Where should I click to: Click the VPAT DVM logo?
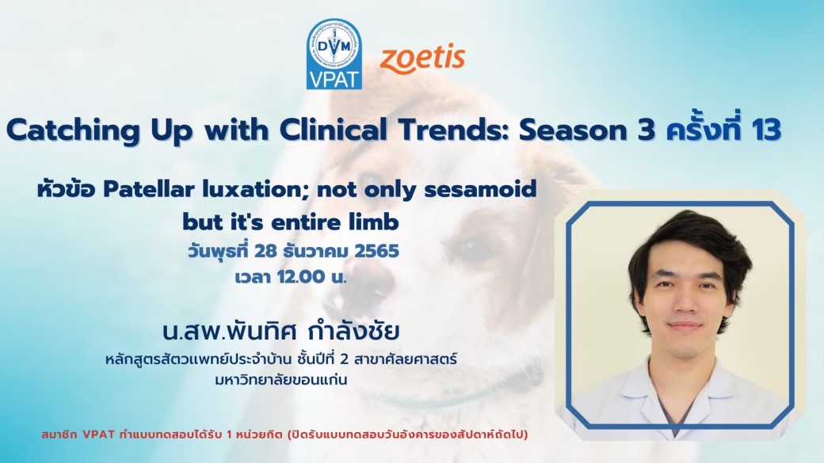pyautogui.click(x=334, y=54)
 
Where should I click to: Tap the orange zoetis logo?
pyautogui.click(x=422, y=59)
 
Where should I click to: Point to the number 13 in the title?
pyautogui.click(x=765, y=130)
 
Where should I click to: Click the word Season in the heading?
pyautogui.click(x=575, y=131)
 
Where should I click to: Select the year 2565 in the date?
pyautogui.click(x=377, y=251)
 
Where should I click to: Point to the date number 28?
pyautogui.click(x=265, y=251)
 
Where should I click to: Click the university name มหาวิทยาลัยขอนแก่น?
pyautogui.click(x=281, y=380)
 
